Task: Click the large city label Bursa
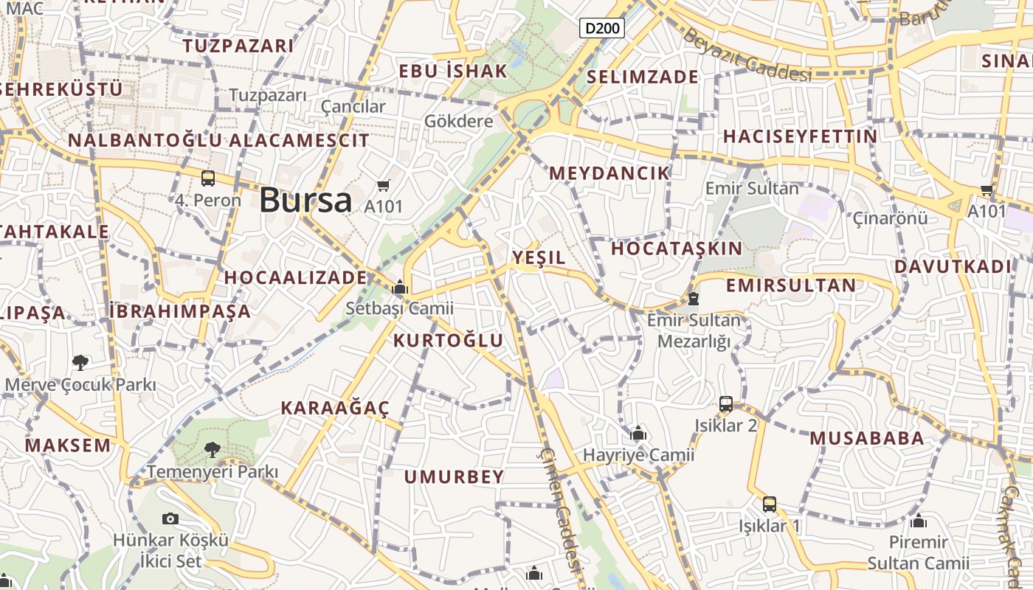click(x=305, y=200)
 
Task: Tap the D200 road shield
click(x=602, y=29)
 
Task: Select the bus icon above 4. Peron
click(x=208, y=178)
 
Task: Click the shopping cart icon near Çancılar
click(x=383, y=185)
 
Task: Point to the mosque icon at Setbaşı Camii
click(x=400, y=287)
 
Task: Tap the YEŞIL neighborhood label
click(x=539, y=257)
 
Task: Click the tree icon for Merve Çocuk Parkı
click(x=80, y=362)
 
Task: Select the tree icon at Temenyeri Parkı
click(x=213, y=449)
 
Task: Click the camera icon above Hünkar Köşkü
click(x=170, y=518)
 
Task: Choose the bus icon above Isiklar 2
click(x=726, y=403)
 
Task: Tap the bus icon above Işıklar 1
click(x=770, y=504)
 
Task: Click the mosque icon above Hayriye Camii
click(x=639, y=433)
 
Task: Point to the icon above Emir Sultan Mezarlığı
click(x=693, y=298)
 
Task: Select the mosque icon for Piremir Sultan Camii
click(x=919, y=521)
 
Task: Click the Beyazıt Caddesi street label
click(x=747, y=55)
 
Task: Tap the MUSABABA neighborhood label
click(x=867, y=438)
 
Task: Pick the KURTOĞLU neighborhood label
click(x=448, y=340)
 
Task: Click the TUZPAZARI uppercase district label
click(x=238, y=46)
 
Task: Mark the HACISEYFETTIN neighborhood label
click(x=801, y=136)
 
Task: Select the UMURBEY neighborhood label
click(x=454, y=476)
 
